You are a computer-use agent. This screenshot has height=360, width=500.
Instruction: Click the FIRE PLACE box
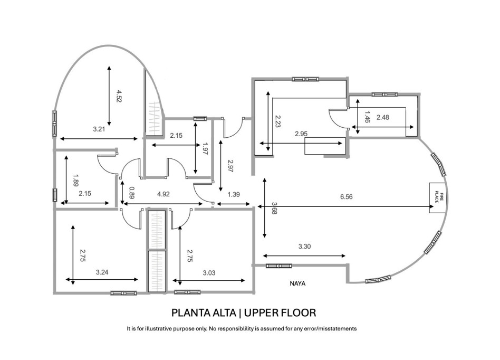point(438,198)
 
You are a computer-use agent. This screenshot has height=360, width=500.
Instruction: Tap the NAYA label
point(298,283)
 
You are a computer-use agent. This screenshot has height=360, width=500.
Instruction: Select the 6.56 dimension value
point(346,196)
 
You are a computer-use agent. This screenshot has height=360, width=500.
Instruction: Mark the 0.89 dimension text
point(132,193)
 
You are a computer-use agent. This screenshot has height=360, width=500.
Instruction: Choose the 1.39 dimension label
point(233,194)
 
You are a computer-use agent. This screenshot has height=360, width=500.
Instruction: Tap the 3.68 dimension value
point(274,208)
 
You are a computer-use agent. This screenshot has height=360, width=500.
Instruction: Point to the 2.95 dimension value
point(301,134)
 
